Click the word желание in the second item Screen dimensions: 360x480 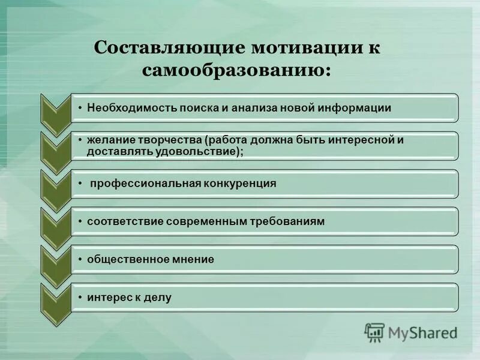(107, 140)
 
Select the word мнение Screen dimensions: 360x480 (193, 259)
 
